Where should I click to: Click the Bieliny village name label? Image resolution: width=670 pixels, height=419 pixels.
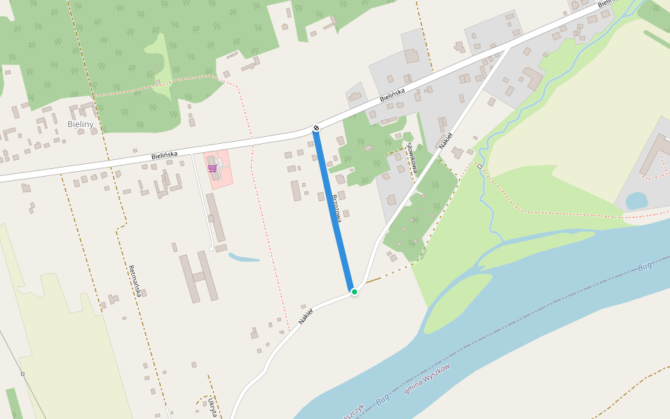coord(80,124)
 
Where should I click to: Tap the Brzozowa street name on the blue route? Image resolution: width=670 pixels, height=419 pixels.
coord(337,207)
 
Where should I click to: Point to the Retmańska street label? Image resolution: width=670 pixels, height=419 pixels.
coord(135,281)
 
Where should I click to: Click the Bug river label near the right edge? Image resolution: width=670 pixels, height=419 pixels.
coord(645,267)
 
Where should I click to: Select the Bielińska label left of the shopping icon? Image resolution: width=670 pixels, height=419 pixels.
coord(164,156)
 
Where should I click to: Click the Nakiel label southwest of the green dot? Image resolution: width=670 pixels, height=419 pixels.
coord(304,316)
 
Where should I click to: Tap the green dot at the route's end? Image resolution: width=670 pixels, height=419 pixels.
coord(355,292)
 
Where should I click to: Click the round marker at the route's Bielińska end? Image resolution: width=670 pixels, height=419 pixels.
coord(316,128)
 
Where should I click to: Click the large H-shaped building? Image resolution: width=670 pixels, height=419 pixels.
coord(198,277)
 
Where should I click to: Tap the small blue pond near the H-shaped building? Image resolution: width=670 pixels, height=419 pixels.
coord(244,257)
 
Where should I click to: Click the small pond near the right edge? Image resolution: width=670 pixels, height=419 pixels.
coord(636,201)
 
